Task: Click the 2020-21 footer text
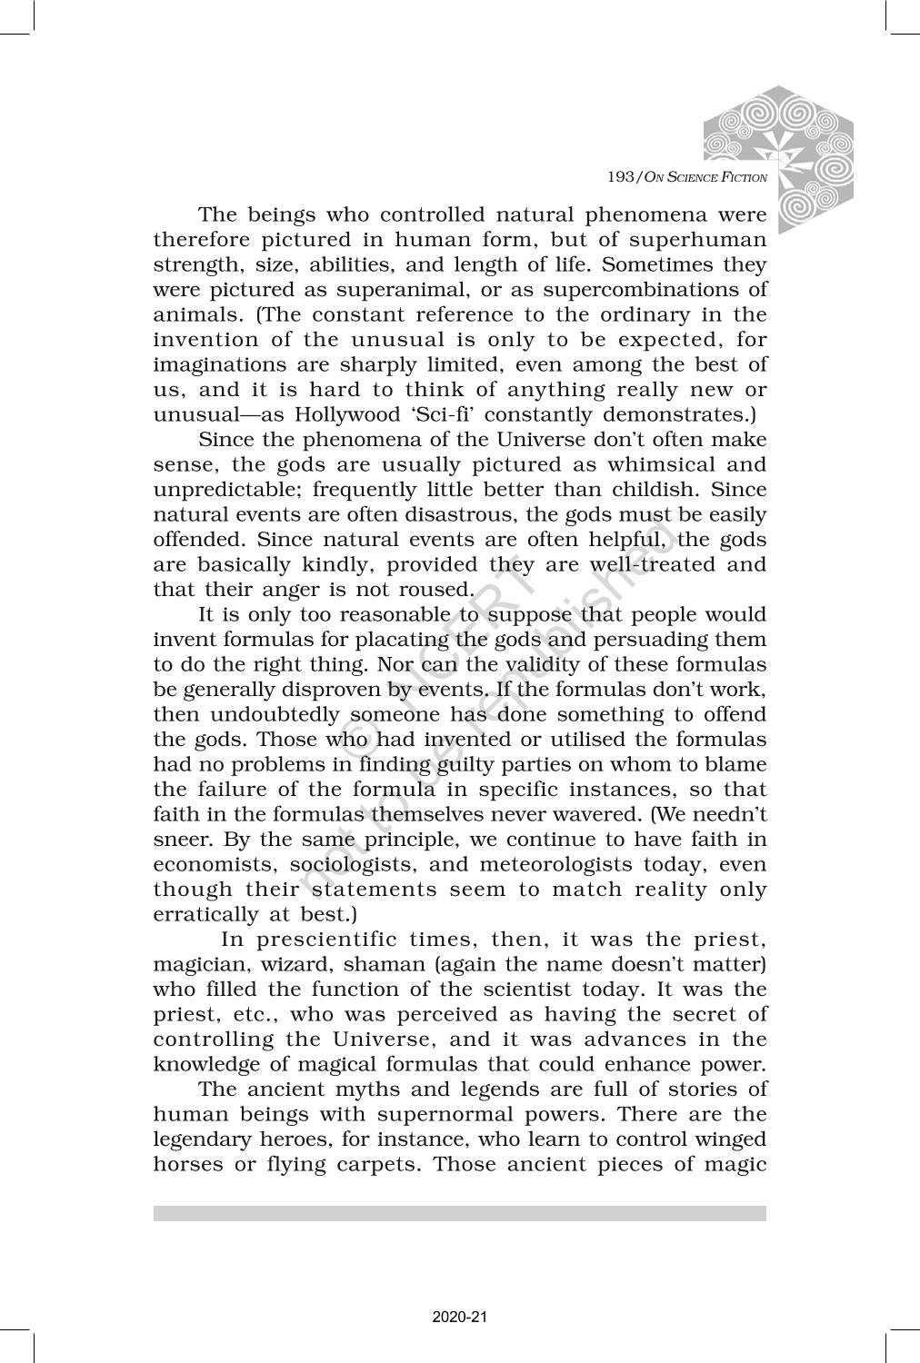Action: tap(460, 1316)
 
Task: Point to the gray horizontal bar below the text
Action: tap(460, 1213)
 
